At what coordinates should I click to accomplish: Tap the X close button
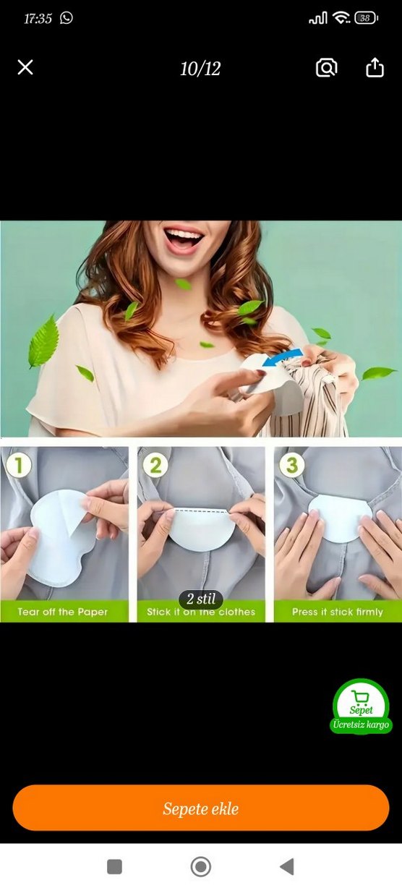click(25, 67)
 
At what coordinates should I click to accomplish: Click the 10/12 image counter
click(200, 69)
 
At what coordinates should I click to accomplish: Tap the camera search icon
click(327, 68)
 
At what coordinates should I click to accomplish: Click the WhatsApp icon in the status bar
click(67, 18)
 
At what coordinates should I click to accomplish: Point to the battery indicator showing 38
click(366, 18)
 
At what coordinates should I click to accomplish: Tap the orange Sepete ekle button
click(201, 808)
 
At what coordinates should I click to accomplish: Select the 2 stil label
click(200, 599)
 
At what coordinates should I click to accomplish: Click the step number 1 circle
click(18, 465)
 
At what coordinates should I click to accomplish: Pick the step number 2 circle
click(155, 465)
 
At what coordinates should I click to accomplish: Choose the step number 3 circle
click(292, 465)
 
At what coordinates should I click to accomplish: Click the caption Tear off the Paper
click(63, 612)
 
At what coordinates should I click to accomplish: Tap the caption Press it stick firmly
click(338, 612)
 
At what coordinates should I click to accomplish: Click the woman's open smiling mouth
click(184, 239)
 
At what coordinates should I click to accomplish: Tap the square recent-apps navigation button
click(115, 866)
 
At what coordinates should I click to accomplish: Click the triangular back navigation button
click(287, 866)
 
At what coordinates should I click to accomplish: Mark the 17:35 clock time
click(38, 18)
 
